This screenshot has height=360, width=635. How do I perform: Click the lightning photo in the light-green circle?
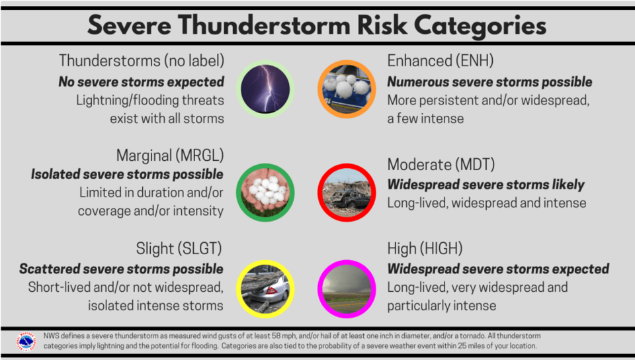click(265, 89)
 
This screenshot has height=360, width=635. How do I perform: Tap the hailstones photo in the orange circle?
click(347, 89)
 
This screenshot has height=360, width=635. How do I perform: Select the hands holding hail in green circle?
click(265, 193)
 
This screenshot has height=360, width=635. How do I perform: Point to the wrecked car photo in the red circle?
click(347, 193)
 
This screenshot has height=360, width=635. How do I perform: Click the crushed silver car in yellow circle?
click(265, 289)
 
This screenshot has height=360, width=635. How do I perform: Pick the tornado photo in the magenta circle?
click(347, 289)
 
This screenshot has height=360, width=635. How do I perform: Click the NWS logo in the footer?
click(26, 341)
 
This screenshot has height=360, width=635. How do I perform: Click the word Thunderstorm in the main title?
click(264, 25)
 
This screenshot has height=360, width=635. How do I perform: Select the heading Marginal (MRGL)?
click(170, 156)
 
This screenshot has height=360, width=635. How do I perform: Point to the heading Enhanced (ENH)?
click(441, 61)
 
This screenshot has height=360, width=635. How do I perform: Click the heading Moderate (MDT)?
click(441, 164)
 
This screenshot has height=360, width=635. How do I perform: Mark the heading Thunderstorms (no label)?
click(142, 61)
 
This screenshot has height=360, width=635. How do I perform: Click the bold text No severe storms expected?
click(142, 82)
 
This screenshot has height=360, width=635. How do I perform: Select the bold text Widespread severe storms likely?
click(486, 185)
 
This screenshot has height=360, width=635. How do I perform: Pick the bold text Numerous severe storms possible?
click(489, 82)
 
